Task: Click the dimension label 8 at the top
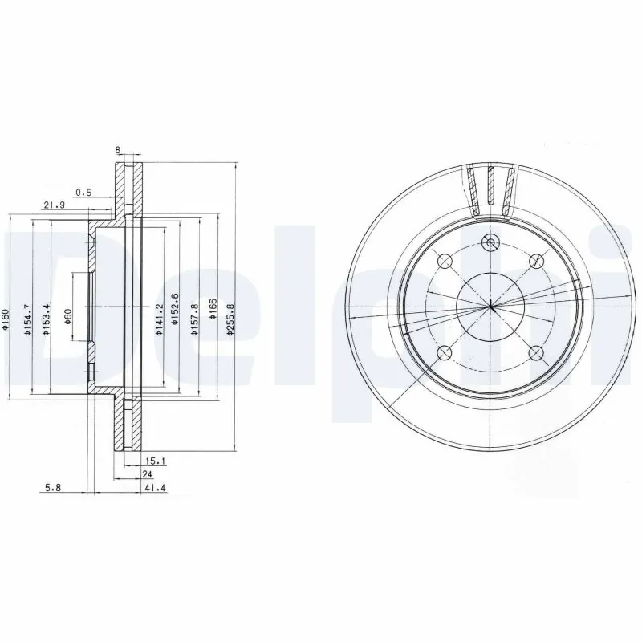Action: (118, 150)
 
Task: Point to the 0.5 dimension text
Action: (83, 193)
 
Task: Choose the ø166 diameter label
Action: (213, 309)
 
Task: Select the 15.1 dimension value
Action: (155, 461)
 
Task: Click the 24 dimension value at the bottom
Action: (148, 474)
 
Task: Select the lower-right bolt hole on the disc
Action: (536, 353)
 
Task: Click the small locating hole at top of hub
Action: (490, 242)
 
